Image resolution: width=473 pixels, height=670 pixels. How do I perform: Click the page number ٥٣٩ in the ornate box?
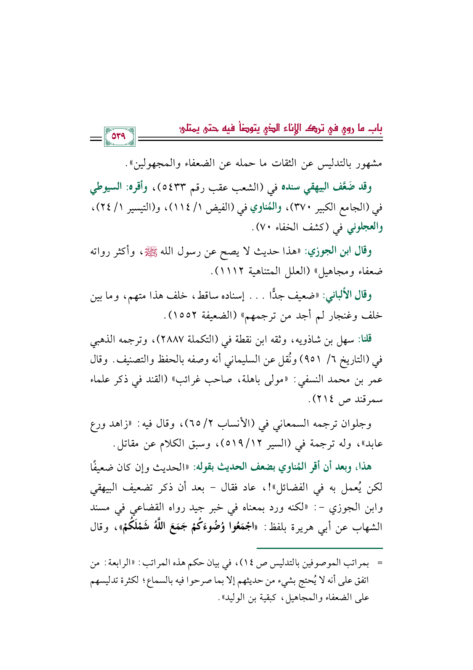pos(119,136)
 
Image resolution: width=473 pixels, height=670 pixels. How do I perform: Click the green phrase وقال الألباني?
pos(348,295)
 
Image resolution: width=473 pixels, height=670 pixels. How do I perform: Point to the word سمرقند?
pos(366,401)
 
